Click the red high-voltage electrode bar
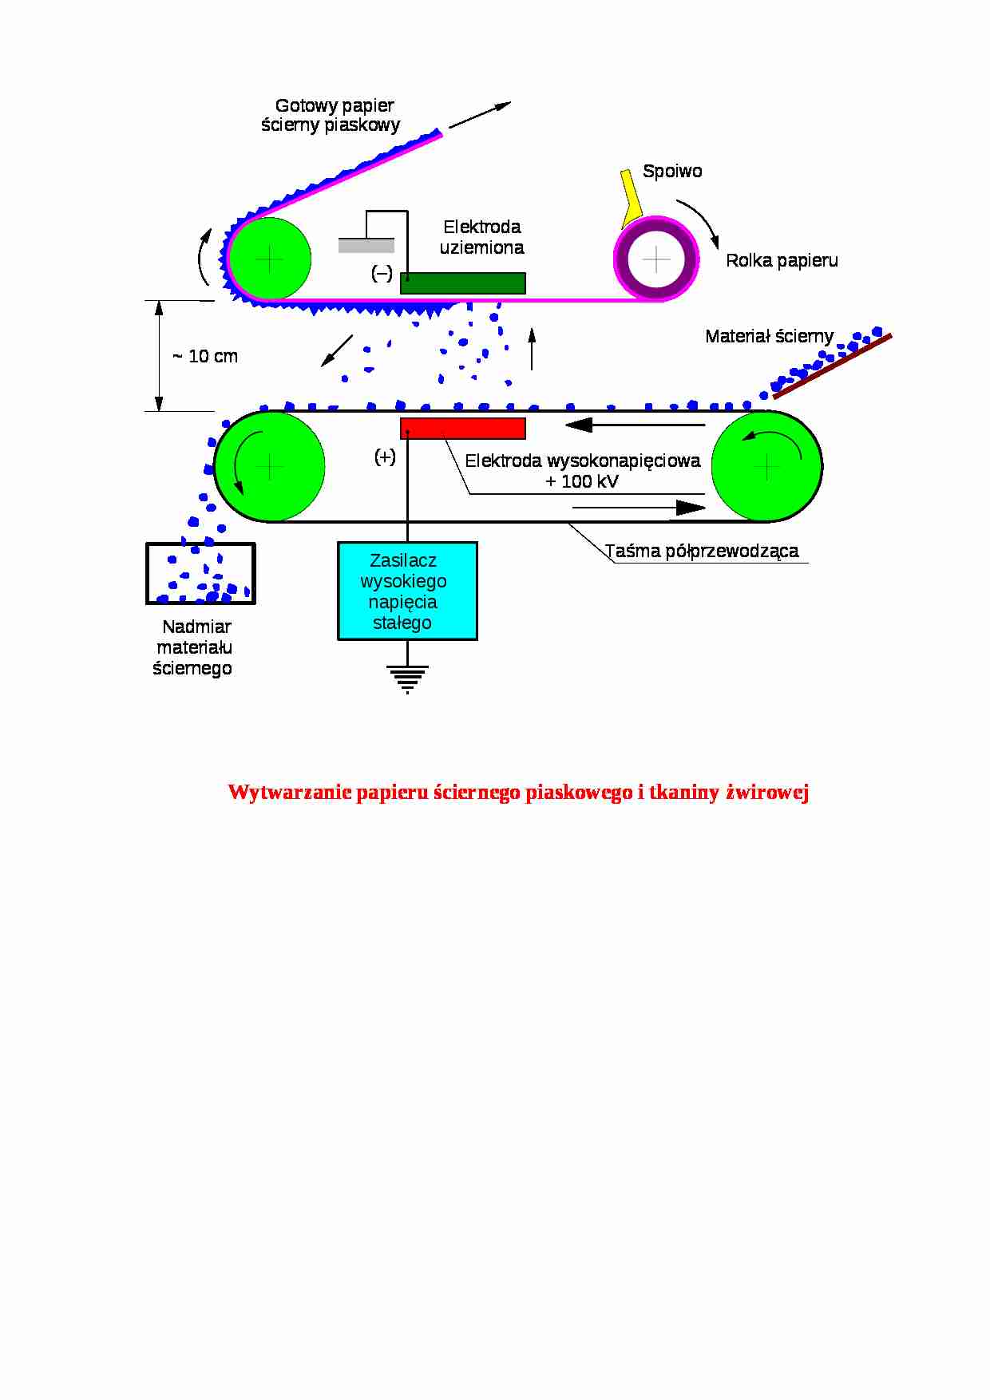pyautogui.click(x=463, y=429)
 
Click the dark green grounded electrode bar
pyautogui.click(x=463, y=283)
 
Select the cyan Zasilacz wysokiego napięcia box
pyautogui.click(x=407, y=591)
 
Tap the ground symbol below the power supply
pyautogui.click(x=407, y=678)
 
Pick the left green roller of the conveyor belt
pyautogui.click(x=270, y=466)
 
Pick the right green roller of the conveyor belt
pyautogui.click(x=766, y=466)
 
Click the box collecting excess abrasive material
pyautogui.click(x=200, y=573)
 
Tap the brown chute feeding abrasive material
pyautogui.click(x=832, y=366)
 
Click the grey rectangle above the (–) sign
pyautogui.click(x=366, y=246)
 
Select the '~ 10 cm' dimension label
pyautogui.click(x=205, y=357)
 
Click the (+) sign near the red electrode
pyautogui.click(x=385, y=457)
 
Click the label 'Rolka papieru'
pyautogui.click(x=782, y=261)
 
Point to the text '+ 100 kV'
pyautogui.click(x=582, y=481)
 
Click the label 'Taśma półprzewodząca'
pyautogui.click(x=702, y=551)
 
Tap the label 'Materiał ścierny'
pyautogui.click(x=769, y=336)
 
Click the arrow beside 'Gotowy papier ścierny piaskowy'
pyautogui.click(x=479, y=115)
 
